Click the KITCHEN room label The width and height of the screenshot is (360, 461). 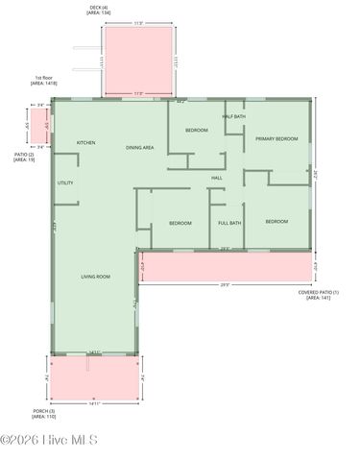[x=86, y=143]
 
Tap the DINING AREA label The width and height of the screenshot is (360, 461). [x=140, y=148]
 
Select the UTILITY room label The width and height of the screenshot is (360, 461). [x=65, y=182]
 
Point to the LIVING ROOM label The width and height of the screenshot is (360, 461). [x=95, y=277]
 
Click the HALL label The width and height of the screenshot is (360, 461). [x=217, y=177]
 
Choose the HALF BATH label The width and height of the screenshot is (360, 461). [x=233, y=116]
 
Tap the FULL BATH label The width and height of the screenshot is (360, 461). [x=229, y=223]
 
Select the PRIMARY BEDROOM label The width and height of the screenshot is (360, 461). [x=276, y=139]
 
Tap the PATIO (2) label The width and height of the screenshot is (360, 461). [x=24, y=154]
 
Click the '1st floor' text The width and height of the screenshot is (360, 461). [x=44, y=79]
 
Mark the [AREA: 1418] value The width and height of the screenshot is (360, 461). [x=44, y=85]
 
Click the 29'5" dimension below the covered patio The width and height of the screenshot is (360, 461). [x=225, y=284]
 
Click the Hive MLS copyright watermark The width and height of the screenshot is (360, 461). [x=49, y=441]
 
